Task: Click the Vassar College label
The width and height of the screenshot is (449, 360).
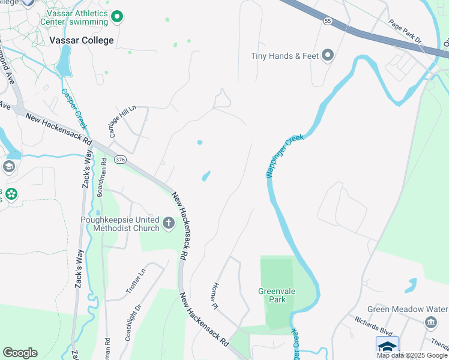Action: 81,40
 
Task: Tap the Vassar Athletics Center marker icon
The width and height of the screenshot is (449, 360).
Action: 118,17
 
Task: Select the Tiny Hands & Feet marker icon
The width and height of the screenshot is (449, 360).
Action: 328,56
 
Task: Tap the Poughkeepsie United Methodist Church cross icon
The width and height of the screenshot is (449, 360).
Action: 169,224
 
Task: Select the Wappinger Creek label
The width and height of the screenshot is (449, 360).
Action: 285,155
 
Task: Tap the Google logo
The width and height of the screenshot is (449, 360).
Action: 20,353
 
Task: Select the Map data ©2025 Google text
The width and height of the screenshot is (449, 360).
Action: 412,355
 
